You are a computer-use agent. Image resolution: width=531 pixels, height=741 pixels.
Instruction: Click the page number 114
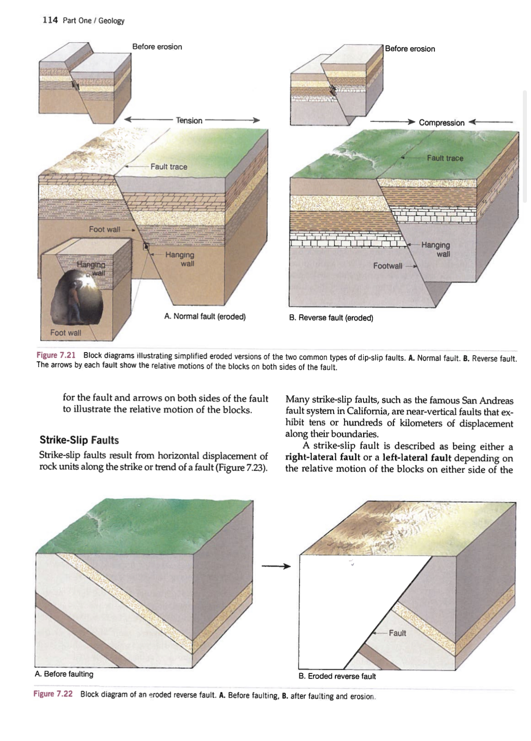click(50, 20)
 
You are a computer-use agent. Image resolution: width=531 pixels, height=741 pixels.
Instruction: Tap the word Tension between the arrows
click(189, 120)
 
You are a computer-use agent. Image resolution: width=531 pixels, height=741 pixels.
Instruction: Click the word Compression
click(441, 123)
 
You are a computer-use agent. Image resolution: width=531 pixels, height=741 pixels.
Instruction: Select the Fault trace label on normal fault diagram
click(168, 167)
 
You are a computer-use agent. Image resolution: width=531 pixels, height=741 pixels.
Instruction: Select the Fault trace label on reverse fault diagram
click(445, 158)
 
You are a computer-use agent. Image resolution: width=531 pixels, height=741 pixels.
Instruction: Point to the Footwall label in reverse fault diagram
click(387, 266)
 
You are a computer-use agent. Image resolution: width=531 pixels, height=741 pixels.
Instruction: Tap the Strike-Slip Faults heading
click(79, 440)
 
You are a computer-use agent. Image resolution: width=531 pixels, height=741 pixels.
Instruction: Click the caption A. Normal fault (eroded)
click(205, 316)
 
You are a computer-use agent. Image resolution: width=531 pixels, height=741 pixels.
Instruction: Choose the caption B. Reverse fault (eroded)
click(331, 318)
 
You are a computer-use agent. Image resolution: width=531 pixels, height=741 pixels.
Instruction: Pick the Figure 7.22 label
click(53, 694)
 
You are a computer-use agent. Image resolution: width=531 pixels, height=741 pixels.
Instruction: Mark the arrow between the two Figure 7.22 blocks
click(275, 566)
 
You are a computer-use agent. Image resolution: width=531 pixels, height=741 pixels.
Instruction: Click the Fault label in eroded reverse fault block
click(397, 633)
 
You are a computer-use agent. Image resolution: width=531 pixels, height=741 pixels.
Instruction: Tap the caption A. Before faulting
click(64, 674)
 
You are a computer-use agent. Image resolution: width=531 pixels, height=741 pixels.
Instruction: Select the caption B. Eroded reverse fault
click(337, 676)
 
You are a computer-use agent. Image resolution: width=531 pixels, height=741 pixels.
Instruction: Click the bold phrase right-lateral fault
click(322, 457)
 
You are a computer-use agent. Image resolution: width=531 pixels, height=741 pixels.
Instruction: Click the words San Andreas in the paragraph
click(487, 400)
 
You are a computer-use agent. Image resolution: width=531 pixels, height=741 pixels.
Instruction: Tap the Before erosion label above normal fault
click(157, 47)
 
